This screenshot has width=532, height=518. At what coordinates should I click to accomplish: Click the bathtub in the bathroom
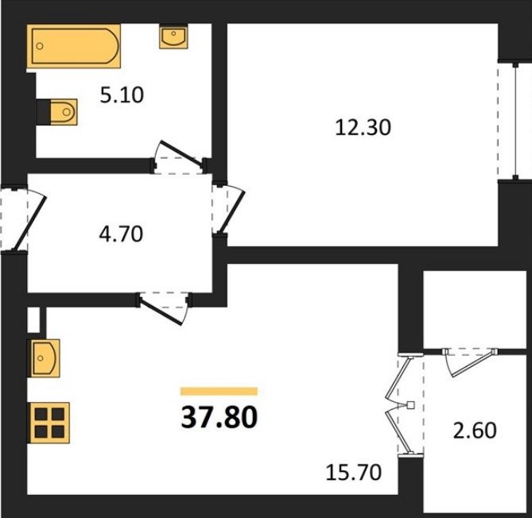click(74, 46)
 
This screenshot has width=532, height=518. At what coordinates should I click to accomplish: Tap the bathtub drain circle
click(40, 46)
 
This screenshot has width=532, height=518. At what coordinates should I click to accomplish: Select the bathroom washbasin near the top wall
click(173, 37)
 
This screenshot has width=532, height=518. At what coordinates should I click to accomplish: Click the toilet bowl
click(64, 112)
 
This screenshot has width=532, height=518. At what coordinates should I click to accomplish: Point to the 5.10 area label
click(122, 95)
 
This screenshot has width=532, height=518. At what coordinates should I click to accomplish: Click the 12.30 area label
click(363, 128)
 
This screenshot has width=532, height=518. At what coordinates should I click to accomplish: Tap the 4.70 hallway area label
click(121, 234)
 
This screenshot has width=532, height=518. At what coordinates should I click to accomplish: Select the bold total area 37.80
click(219, 417)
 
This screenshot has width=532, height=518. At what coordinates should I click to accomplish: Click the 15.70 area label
click(354, 472)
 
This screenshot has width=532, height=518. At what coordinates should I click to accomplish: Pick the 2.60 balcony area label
click(475, 430)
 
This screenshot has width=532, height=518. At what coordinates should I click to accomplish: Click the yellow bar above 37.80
click(219, 392)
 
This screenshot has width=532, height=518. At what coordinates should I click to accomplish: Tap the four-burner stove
click(50, 423)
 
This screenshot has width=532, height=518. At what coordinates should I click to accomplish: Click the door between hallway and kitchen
click(162, 310)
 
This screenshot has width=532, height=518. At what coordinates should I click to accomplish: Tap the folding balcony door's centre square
click(410, 404)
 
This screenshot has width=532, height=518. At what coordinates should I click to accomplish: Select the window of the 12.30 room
click(515, 121)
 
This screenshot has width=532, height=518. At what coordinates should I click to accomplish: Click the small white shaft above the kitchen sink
click(33, 319)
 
